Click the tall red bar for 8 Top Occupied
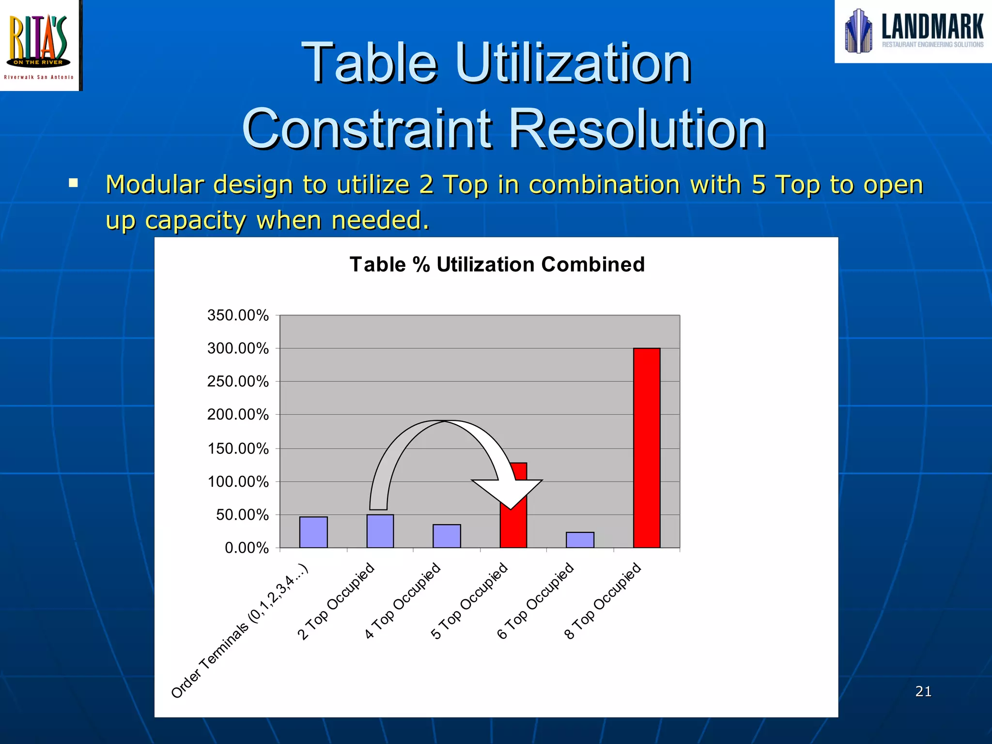click(x=647, y=448)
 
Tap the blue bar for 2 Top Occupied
click(x=380, y=531)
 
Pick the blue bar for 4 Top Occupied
click(x=447, y=536)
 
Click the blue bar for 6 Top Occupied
click(x=580, y=540)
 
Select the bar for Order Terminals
click(x=313, y=532)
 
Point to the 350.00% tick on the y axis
click(x=238, y=315)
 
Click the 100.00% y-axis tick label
click(x=238, y=481)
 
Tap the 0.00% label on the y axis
click(x=246, y=548)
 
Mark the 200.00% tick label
click(x=238, y=415)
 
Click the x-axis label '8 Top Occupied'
click(x=603, y=601)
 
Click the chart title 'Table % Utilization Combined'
click(x=497, y=264)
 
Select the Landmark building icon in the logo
click(x=858, y=31)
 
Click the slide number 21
click(x=923, y=691)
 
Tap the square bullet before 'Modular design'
click(x=74, y=183)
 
